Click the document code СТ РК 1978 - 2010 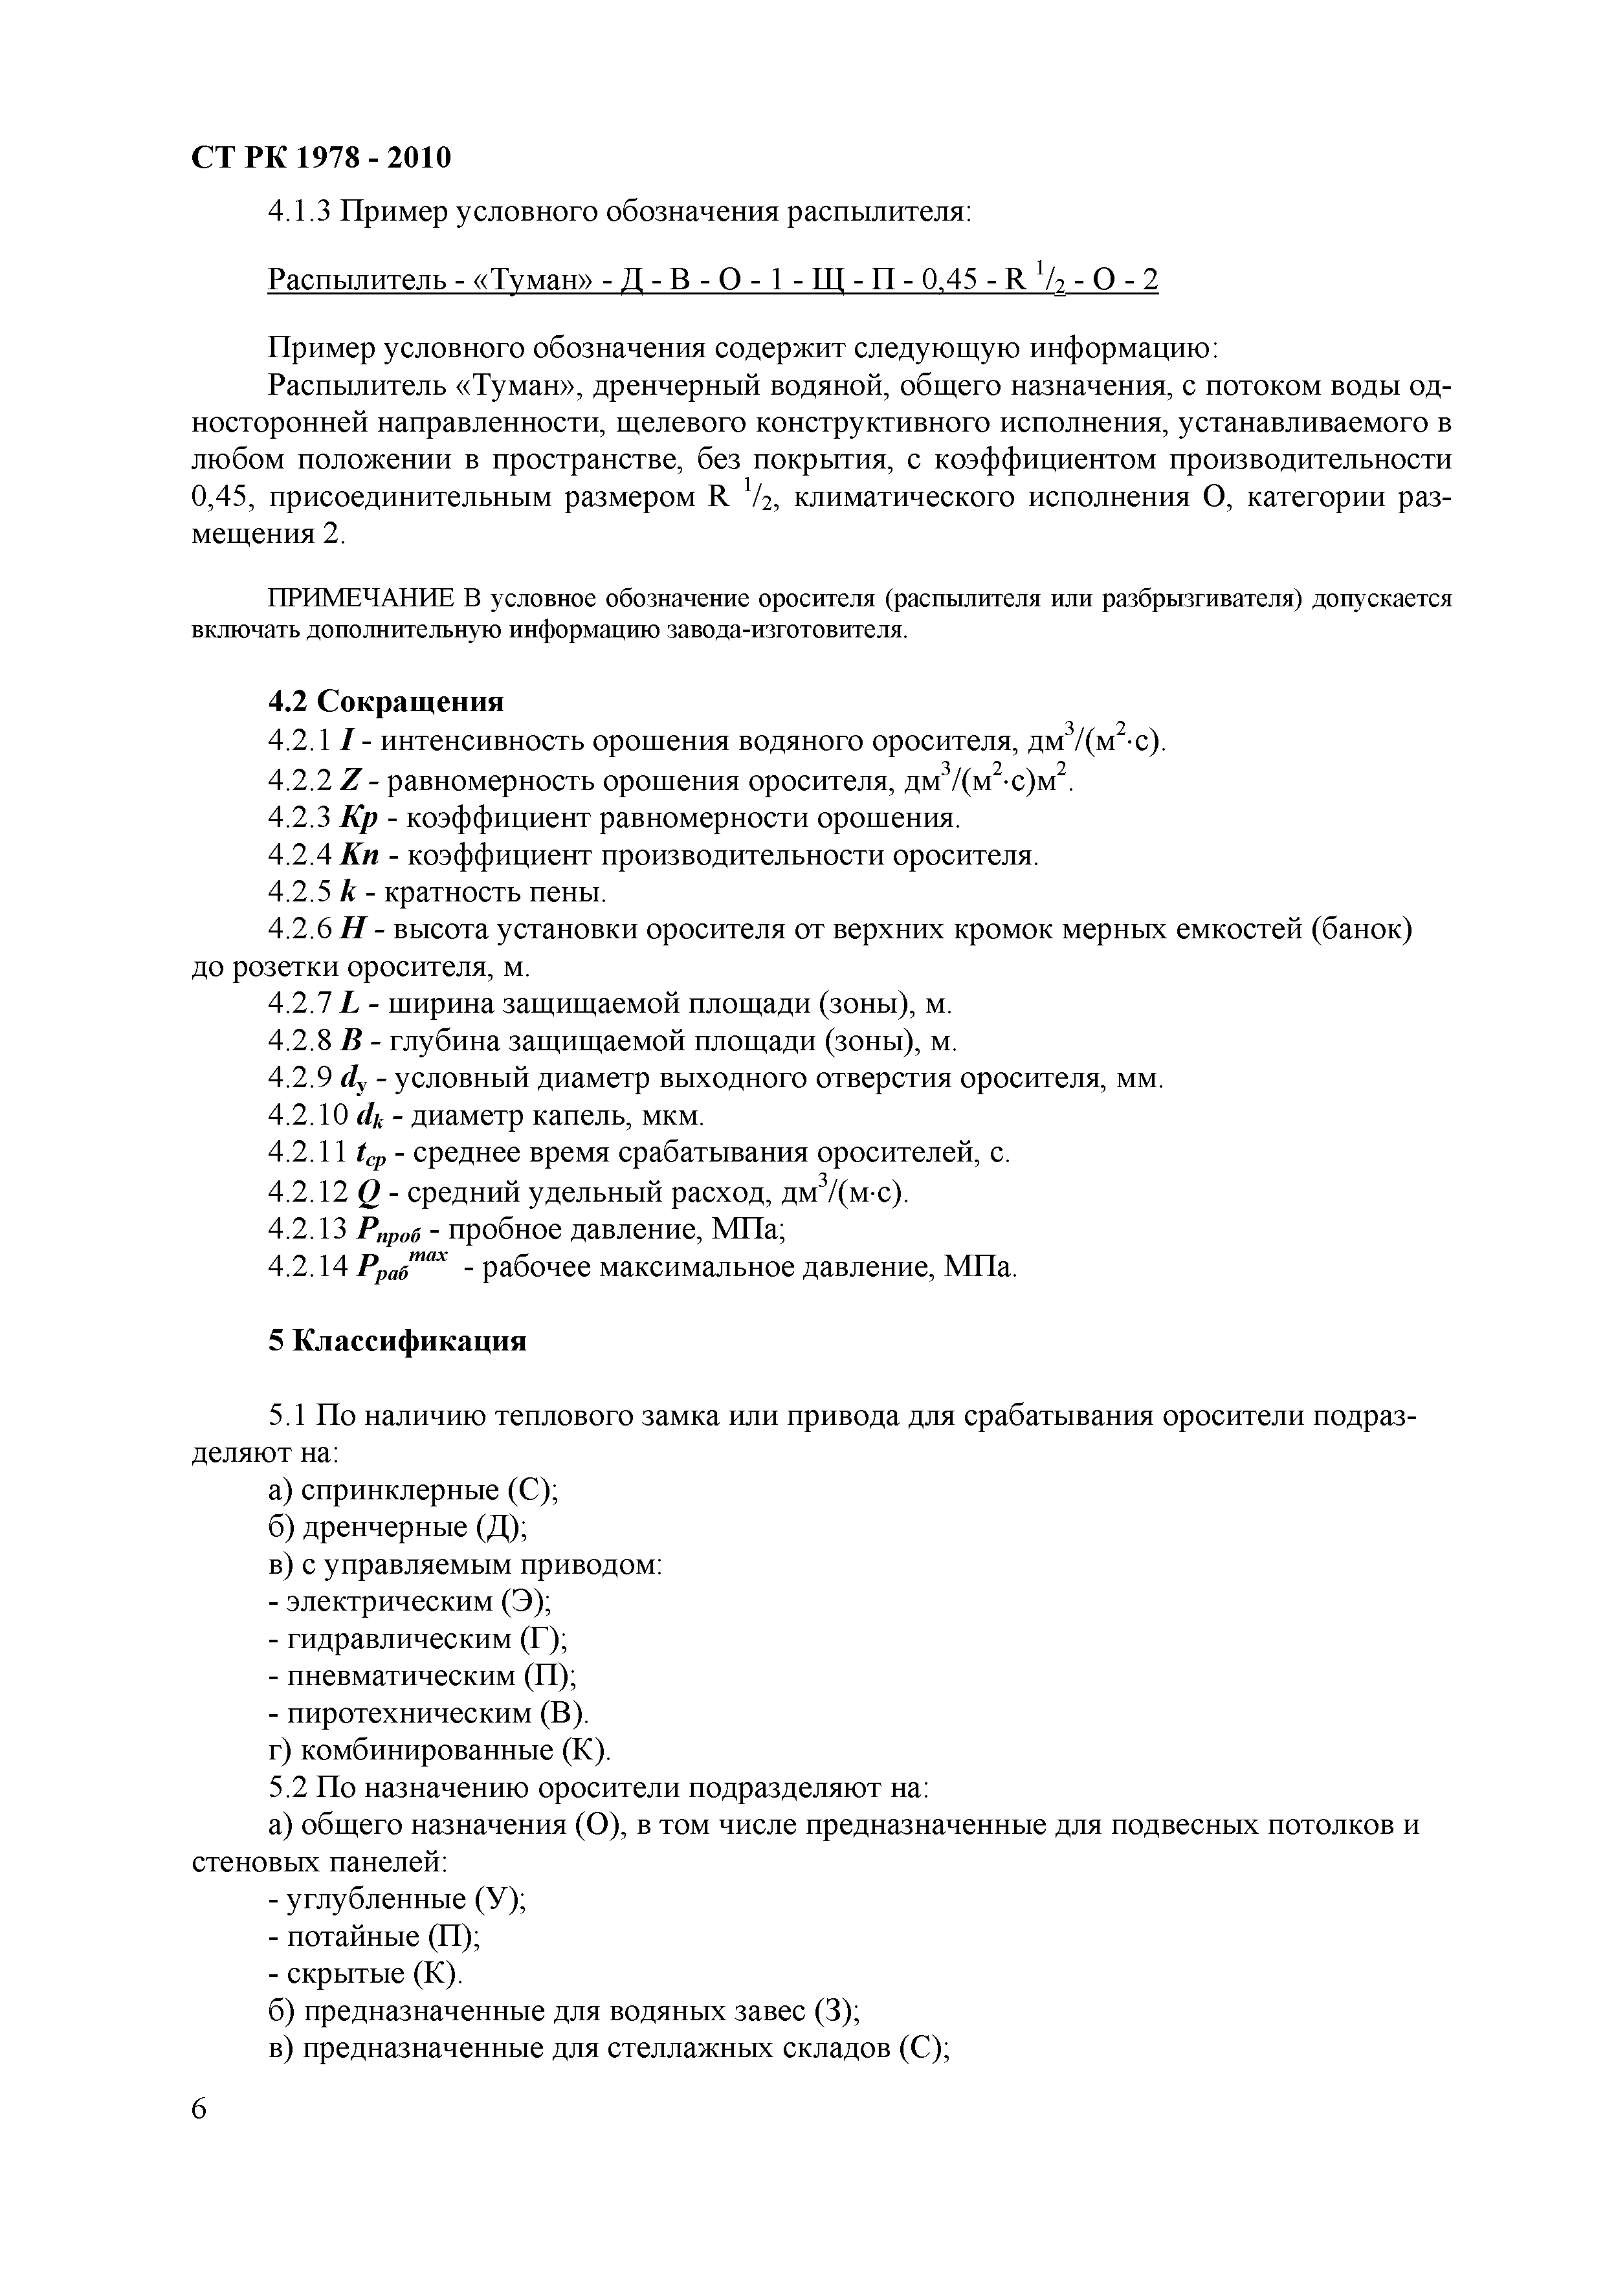(x=320, y=157)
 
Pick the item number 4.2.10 (x=307, y=1115)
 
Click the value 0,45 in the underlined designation (x=949, y=281)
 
